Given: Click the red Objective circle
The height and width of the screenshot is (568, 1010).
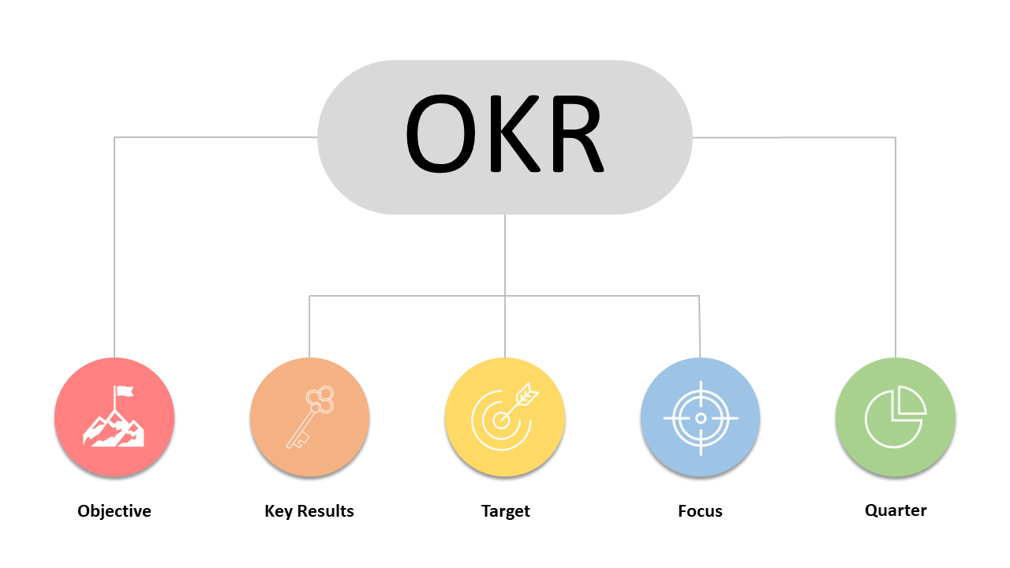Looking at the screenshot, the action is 114,417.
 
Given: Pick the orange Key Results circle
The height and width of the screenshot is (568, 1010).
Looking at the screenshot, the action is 309,417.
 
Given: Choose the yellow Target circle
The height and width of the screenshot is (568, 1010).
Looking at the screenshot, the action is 505,417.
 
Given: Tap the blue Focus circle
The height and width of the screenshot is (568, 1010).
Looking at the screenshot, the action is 700,417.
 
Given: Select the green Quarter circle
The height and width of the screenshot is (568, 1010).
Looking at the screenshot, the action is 896,417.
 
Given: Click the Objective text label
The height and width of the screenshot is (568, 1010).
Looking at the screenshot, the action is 114,511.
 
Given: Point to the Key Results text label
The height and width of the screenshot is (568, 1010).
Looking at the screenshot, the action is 309,511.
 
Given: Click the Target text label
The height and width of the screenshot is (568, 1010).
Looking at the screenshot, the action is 505,511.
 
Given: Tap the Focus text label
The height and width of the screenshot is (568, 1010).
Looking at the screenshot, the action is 700,511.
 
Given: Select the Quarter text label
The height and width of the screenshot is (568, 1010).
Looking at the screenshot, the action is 896,510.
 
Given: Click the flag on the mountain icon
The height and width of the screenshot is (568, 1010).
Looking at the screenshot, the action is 125,390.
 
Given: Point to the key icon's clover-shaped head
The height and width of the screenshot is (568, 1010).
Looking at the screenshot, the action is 320,401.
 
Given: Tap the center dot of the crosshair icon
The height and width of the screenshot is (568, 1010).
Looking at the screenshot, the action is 700,418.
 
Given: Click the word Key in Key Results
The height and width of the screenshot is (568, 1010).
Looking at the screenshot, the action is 279,511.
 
